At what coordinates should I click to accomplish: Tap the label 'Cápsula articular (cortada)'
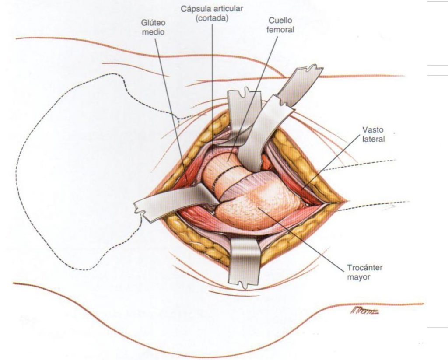[x=212, y=14]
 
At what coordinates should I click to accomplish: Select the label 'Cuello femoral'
[x=280, y=25]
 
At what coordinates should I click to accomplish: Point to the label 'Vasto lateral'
[x=373, y=135]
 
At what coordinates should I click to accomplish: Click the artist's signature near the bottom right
[x=364, y=311]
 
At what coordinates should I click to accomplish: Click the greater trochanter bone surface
[x=258, y=206]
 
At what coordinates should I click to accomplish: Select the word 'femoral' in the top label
[x=280, y=30]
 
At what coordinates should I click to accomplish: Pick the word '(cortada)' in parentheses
[x=212, y=18]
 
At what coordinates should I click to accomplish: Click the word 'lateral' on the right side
[x=373, y=140]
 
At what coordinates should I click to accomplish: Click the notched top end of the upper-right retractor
[x=311, y=70]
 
